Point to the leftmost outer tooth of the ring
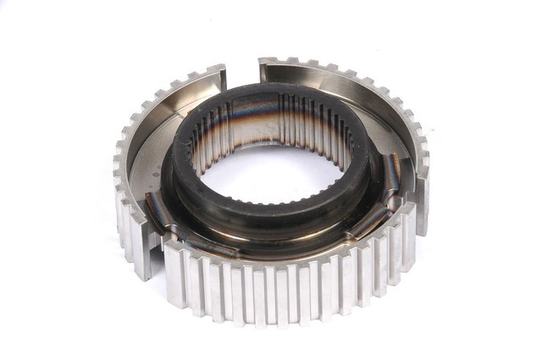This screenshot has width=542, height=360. click(x=118, y=182)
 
